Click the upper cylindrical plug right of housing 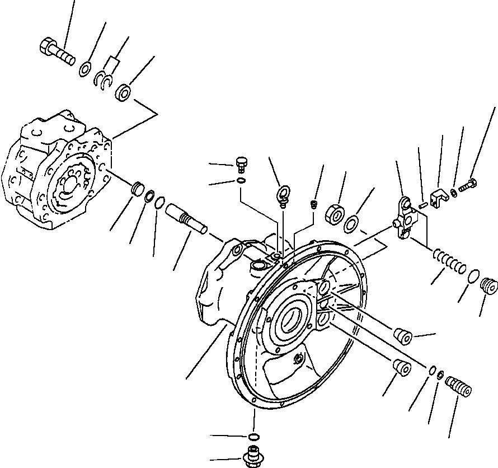pyautogui.click(x=402, y=336)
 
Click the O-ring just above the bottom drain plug pyautogui.click(x=253, y=437)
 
